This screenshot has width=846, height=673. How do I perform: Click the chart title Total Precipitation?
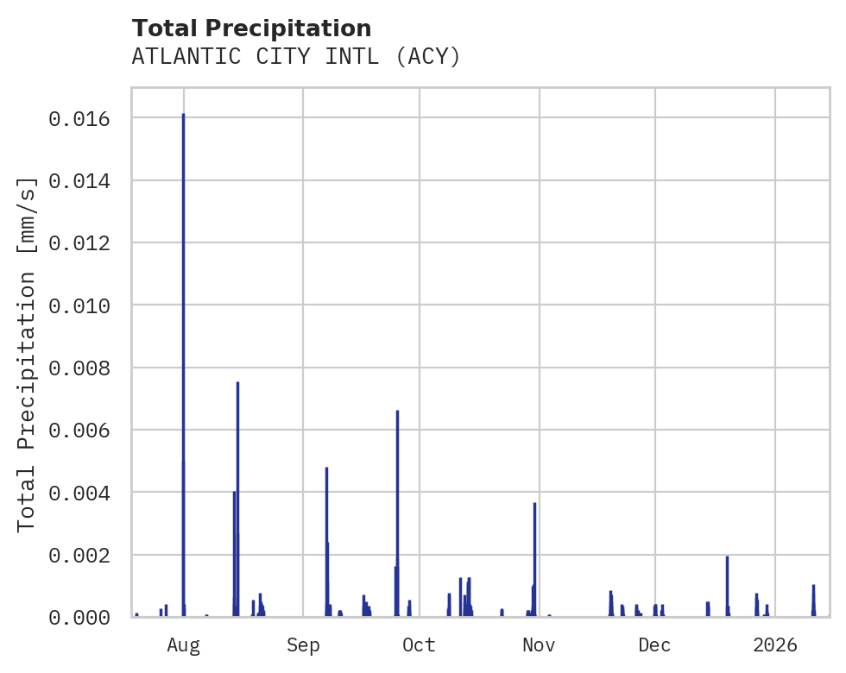coord(251,28)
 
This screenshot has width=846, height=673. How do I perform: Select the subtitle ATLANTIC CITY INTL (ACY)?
coord(296,57)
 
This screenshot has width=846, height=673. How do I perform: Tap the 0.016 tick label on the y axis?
coord(79,119)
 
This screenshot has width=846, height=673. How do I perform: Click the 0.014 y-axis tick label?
coord(79,181)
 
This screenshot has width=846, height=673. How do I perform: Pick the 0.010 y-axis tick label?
coord(79,306)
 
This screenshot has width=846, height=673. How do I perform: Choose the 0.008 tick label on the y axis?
coord(79,368)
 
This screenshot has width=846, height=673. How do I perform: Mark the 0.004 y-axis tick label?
coord(79,494)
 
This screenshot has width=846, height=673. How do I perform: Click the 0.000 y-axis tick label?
coord(79,618)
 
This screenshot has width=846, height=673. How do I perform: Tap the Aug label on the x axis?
coord(184,645)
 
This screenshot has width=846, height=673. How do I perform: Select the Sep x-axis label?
coord(303,645)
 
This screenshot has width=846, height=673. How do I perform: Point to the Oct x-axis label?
coord(420,645)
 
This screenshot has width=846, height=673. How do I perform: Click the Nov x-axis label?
coord(539,645)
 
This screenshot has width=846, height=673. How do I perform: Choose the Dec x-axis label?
coord(655,645)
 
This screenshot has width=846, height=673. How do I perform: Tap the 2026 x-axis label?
coord(775,645)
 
